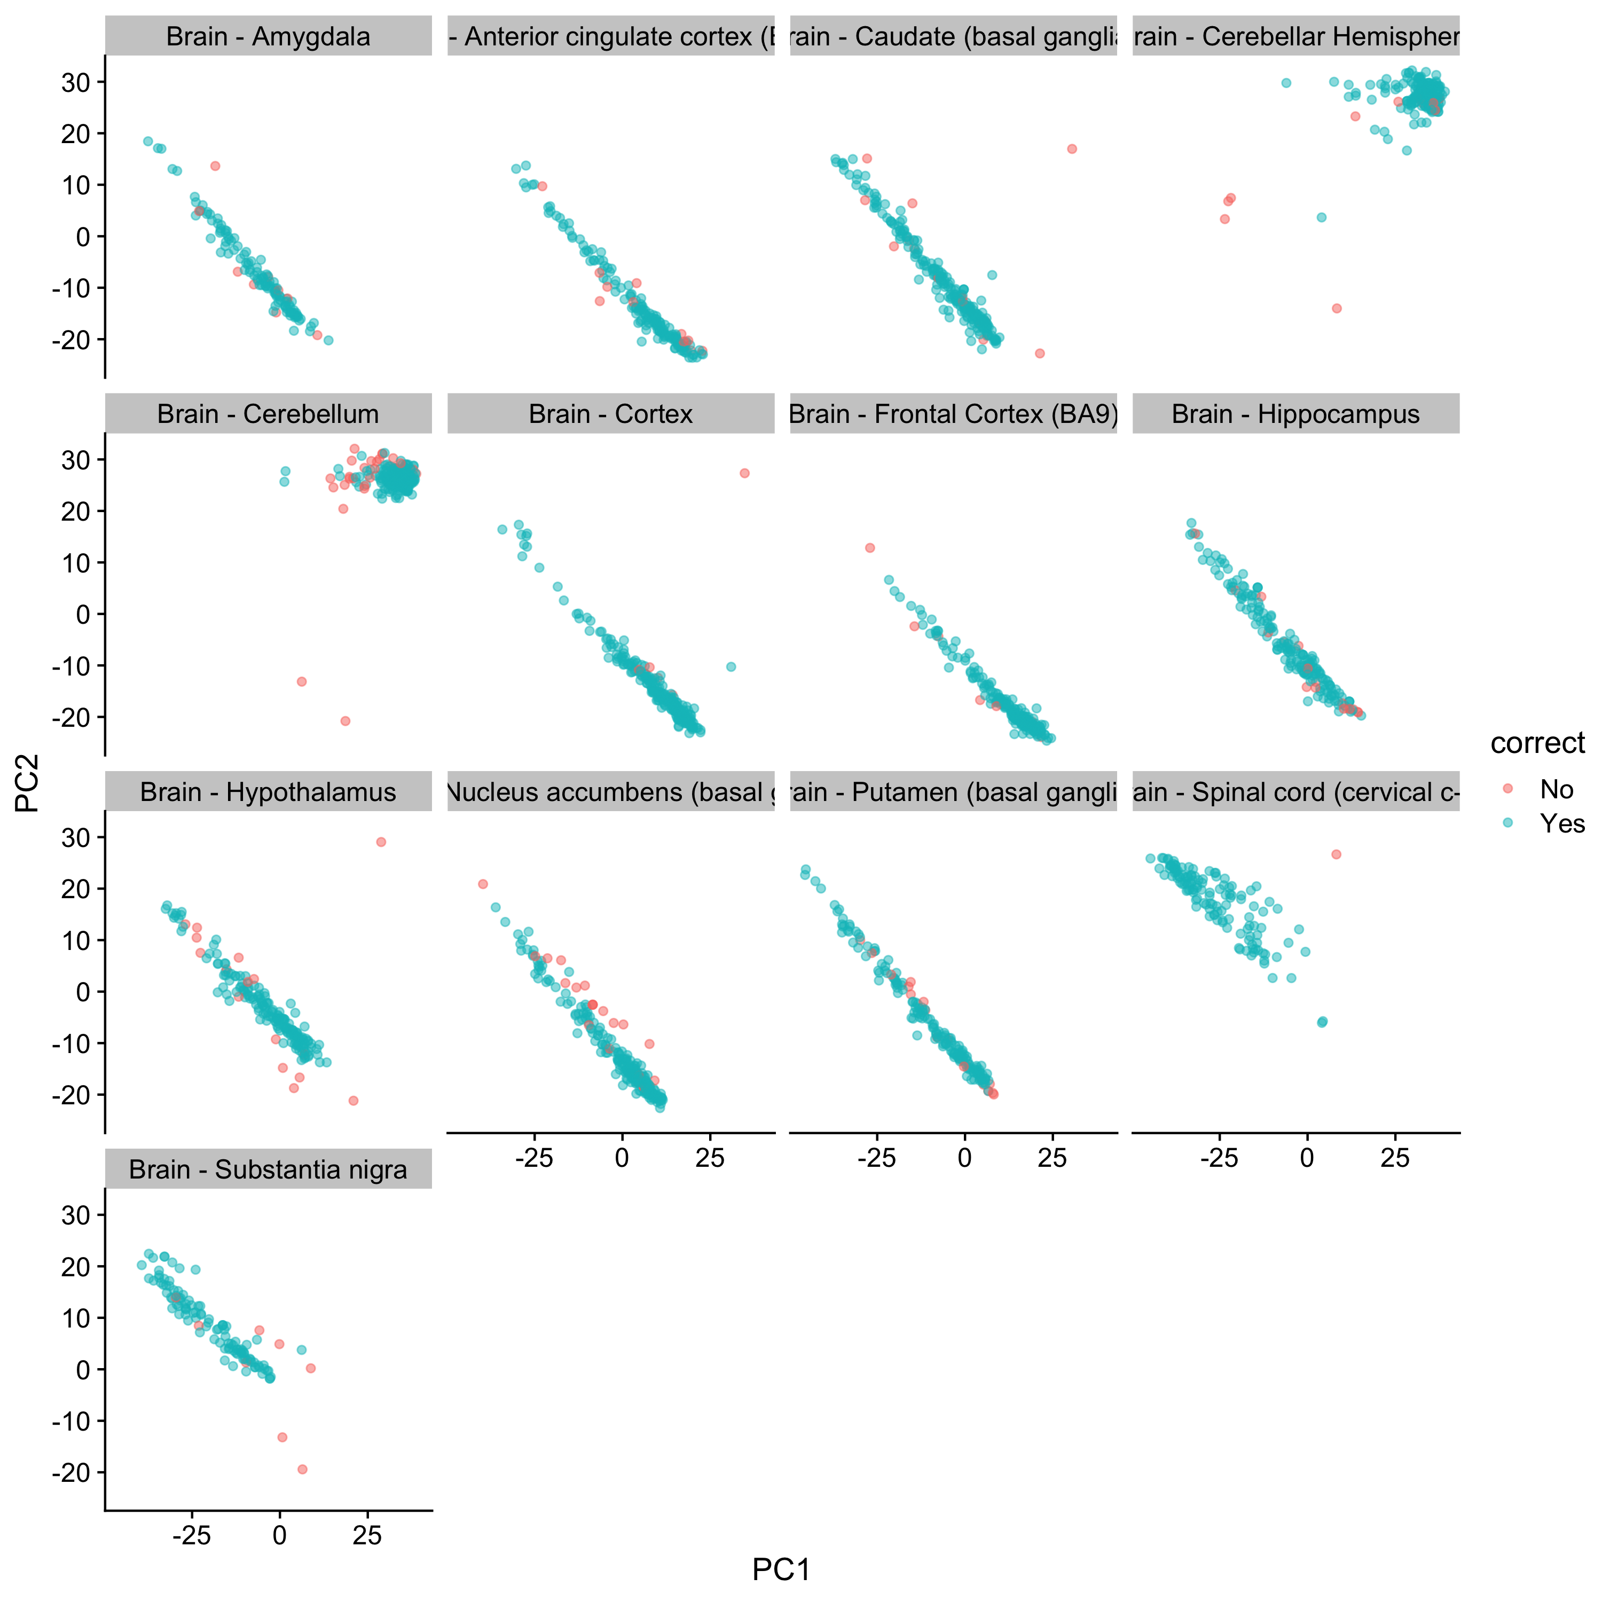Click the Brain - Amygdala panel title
268,36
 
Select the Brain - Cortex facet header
610,414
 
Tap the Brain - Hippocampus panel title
1295,414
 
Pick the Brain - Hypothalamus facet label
268,792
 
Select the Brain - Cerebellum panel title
268,414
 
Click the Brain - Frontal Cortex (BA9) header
954,414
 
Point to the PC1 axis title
781,1569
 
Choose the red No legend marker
1507,789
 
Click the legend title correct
1536,743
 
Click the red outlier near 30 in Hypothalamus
381,842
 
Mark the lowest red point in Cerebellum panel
345,720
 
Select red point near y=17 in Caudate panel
1071,148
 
